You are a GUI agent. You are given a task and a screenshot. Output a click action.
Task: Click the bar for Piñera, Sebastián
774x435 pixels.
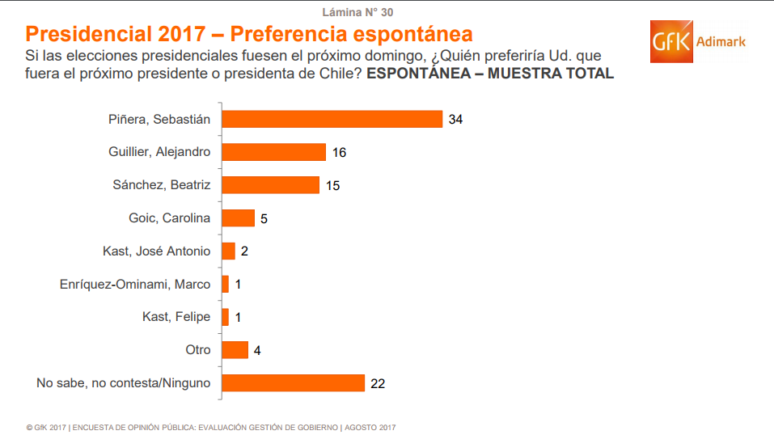[x=332, y=119]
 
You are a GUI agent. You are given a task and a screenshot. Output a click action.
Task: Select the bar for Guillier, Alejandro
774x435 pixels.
[x=273, y=152]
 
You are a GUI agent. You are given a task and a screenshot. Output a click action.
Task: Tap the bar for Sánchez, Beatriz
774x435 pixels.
[x=270, y=185]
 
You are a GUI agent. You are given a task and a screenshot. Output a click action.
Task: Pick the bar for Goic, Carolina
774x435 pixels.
[x=238, y=218]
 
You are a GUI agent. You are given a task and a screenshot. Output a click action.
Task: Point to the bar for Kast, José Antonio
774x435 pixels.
[x=228, y=251]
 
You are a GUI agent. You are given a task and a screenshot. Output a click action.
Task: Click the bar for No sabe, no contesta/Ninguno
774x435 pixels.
[x=293, y=383]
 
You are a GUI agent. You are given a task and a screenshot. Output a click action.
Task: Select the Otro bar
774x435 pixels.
[x=235, y=350]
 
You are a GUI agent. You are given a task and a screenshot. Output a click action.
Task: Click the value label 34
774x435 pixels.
[x=455, y=120]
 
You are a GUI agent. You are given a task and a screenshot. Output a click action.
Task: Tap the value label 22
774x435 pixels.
[x=377, y=384]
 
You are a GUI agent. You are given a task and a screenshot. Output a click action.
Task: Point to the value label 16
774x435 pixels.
[x=338, y=153]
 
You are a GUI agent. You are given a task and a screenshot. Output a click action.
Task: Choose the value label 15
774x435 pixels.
[x=332, y=186]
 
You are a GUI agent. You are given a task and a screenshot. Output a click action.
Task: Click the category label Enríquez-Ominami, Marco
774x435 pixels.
[x=135, y=285]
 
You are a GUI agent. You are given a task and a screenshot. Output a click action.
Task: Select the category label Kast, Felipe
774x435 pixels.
[x=176, y=317]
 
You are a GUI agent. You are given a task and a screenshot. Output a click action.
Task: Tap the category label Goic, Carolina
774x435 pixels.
[x=169, y=218]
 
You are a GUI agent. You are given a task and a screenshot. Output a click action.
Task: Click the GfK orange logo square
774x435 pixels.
[x=673, y=42]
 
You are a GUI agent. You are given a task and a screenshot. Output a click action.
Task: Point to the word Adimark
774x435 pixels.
[x=721, y=41]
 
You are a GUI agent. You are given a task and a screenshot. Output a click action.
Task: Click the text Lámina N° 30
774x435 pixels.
[x=358, y=12]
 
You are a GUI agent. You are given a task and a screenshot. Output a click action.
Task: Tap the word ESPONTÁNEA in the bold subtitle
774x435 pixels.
[x=417, y=74]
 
